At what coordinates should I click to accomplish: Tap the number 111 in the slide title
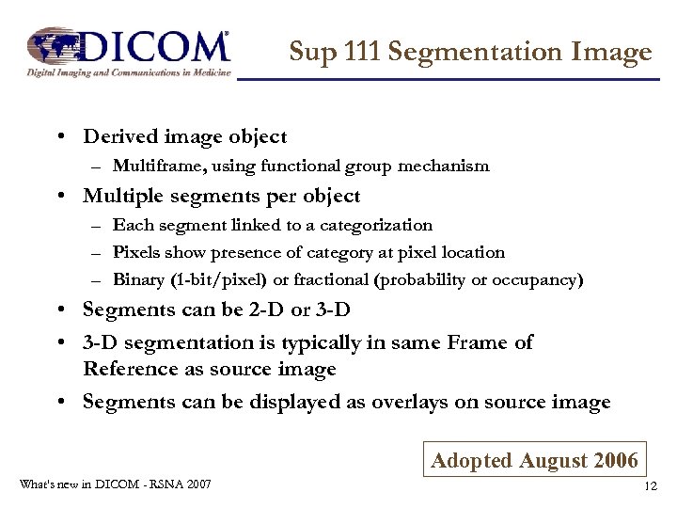click(358, 52)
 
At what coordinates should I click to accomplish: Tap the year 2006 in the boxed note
click(618, 460)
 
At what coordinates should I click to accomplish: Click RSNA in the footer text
click(159, 484)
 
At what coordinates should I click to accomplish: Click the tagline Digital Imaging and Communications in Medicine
click(128, 71)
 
